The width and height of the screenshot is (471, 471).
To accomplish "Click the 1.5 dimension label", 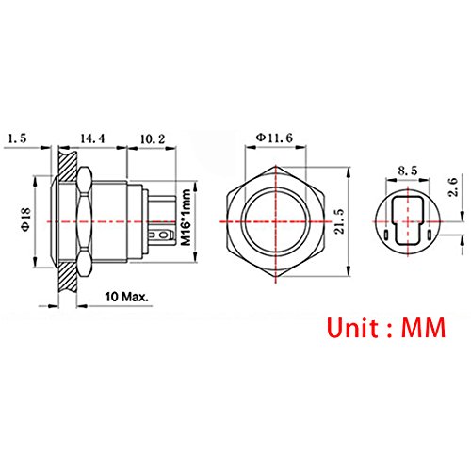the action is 18,138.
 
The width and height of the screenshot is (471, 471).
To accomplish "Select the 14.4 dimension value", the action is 92,138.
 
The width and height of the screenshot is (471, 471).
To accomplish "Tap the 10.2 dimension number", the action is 153,138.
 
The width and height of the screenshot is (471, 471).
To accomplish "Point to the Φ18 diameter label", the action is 25,219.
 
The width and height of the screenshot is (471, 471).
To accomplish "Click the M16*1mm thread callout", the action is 187,218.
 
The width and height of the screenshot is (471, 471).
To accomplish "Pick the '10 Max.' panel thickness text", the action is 126,297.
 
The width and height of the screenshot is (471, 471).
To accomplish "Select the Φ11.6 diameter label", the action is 274,138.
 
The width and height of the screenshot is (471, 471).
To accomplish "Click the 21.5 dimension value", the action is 339,221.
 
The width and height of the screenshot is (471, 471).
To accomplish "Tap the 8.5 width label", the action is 408,171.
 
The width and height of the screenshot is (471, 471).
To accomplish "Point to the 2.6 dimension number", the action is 453,187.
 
